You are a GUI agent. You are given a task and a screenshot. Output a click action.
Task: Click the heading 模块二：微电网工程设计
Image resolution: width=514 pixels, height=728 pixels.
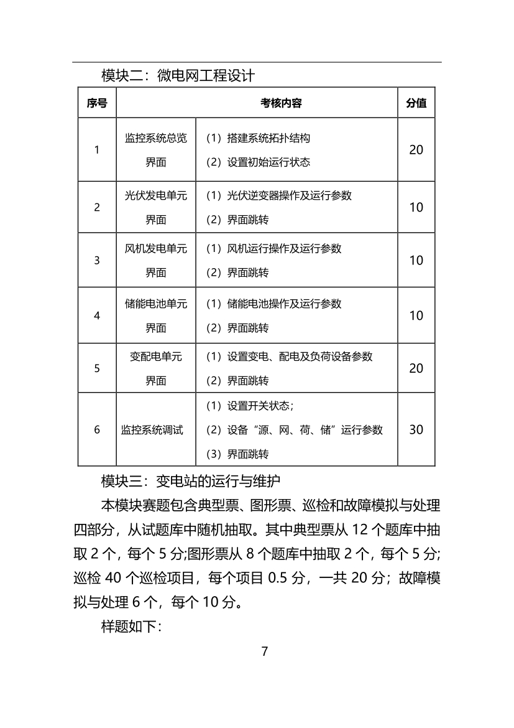tap(178, 76)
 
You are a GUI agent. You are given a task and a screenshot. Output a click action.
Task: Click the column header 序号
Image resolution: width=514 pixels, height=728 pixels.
tap(97, 103)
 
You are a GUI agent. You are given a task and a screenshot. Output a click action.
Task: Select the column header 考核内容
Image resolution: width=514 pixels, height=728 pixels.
tap(281, 103)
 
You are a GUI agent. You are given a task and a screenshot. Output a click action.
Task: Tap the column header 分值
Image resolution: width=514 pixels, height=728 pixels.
tap(416, 103)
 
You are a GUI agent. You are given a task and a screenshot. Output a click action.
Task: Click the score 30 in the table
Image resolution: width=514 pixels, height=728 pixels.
tap(416, 429)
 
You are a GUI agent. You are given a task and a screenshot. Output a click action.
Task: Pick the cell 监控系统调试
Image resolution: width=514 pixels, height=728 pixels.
tap(152, 430)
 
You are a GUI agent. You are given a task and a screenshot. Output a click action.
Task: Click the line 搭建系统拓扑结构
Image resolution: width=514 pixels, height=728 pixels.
tap(258, 138)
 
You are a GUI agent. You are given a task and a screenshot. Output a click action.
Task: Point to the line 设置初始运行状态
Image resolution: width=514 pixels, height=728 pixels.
tap(258, 162)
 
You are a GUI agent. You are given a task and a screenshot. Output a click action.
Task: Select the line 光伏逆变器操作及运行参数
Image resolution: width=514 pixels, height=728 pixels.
tap(278, 195)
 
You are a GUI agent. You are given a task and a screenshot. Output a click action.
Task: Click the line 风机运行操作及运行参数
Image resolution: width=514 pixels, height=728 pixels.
tap(273, 248)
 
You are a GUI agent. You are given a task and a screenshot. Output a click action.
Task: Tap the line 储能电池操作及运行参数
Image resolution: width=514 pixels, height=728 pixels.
tap(273, 304)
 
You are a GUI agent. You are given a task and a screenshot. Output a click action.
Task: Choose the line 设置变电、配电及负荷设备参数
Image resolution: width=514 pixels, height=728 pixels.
tap(289, 357)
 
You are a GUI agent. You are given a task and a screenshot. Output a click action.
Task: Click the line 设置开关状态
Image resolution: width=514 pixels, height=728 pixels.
tap(249, 406)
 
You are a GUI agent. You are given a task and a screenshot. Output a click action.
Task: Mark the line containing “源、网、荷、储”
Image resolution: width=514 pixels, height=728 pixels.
tap(294, 430)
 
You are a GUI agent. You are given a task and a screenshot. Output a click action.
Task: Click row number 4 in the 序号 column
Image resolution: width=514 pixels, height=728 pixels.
tap(97, 315)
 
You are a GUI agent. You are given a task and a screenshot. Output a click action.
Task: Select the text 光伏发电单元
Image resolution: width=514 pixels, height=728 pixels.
tap(156, 195)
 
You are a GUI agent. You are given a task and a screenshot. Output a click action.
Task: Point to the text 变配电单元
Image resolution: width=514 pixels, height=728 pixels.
tap(156, 357)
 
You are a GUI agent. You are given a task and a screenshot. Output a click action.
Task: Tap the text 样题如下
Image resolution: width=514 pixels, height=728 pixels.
tap(131, 626)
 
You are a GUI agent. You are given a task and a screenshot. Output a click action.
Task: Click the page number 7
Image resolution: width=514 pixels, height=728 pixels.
tap(264, 651)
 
